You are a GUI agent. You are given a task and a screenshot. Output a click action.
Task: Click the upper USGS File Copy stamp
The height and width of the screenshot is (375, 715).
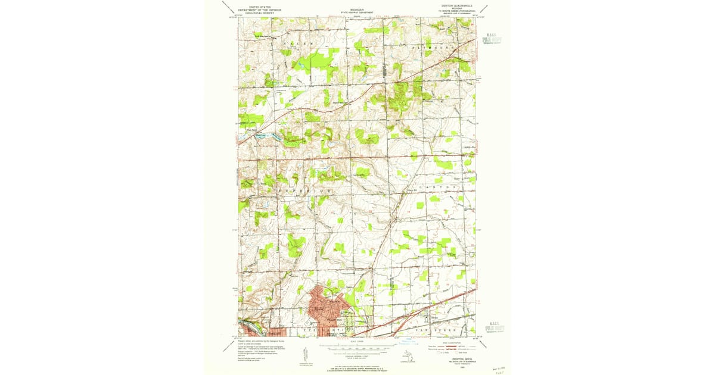(492, 39)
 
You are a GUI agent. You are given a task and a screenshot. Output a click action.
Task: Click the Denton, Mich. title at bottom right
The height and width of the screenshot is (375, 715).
(453, 359)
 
